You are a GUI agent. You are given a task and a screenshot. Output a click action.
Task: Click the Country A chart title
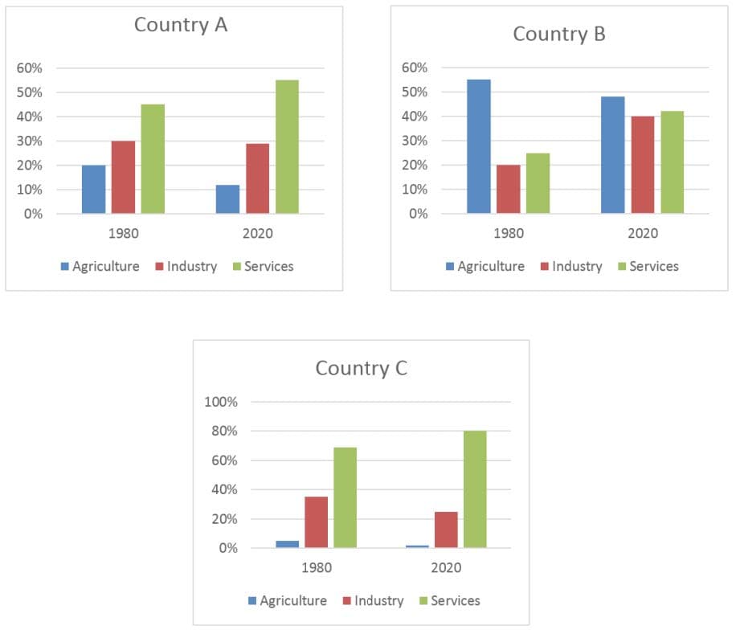pyautogui.click(x=180, y=25)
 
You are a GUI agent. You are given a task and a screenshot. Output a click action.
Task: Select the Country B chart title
pyautogui.click(x=558, y=34)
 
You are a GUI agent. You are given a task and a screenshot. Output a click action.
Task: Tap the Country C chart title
pyautogui.click(x=361, y=368)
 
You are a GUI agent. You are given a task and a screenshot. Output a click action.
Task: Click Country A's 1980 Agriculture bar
pyautogui.click(x=93, y=190)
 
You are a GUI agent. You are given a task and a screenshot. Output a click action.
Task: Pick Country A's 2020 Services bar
pyautogui.click(x=287, y=147)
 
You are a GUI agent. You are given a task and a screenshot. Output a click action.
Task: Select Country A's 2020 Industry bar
pyautogui.click(x=257, y=178)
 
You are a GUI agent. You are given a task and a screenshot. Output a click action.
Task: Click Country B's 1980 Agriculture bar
pyautogui.click(x=478, y=146)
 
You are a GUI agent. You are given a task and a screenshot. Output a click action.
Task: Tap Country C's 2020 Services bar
pyautogui.click(x=474, y=489)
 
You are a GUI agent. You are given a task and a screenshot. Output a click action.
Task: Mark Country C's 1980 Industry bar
pyautogui.click(x=316, y=522)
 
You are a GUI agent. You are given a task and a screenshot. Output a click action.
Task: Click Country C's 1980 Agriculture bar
pyautogui.click(x=287, y=544)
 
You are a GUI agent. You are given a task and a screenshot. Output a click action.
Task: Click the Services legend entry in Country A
pyautogui.click(x=263, y=266)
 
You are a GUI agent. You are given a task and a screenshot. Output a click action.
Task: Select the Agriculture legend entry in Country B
pyautogui.click(x=485, y=266)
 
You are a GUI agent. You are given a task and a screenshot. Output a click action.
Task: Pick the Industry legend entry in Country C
pyautogui.click(x=372, y=600)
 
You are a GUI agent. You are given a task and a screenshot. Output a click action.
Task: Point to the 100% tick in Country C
pyautogui.click(x=222, y=402)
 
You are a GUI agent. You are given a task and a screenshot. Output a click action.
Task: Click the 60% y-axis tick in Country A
pyautogui.click(x=29, y=67)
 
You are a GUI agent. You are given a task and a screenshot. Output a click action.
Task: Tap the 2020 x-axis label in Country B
pyautogui.click(x=642, y=234)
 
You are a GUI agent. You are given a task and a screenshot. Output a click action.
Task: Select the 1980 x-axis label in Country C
pyautogui.click(x=316, y=567)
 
